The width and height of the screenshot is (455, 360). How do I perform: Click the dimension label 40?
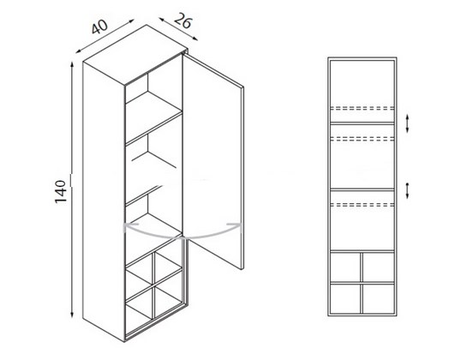(x=99, y=27)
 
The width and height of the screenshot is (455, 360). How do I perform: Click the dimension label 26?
(x=183, y=21)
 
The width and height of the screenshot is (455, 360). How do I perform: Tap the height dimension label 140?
(x=61, y=191)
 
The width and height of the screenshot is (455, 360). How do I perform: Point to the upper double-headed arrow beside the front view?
(x=407, y=123)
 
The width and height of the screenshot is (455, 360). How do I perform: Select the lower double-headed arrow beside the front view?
(x=407, y=191)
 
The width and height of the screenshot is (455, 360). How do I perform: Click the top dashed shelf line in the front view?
(x=362, y=108)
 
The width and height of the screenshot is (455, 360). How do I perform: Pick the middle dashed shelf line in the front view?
(x=362, y=138)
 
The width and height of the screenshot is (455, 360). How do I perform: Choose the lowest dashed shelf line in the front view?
(x=362, y=205)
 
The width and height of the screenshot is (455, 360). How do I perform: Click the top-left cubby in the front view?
(x=345, y=267)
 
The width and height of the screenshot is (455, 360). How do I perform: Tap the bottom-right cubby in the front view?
(x=379, y=299)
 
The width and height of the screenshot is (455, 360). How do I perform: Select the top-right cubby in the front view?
(x=379, y=267)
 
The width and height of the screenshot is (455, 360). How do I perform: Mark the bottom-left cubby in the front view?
(x=345, y=299)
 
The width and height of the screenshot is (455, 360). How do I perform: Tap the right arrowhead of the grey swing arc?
(x=236, y=225)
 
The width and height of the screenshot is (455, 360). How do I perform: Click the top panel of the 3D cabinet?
(x=135, y=55)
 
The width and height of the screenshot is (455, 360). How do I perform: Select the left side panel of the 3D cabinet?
(x=104, y=201)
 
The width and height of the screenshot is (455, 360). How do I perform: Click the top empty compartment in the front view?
(x=362, y=83)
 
